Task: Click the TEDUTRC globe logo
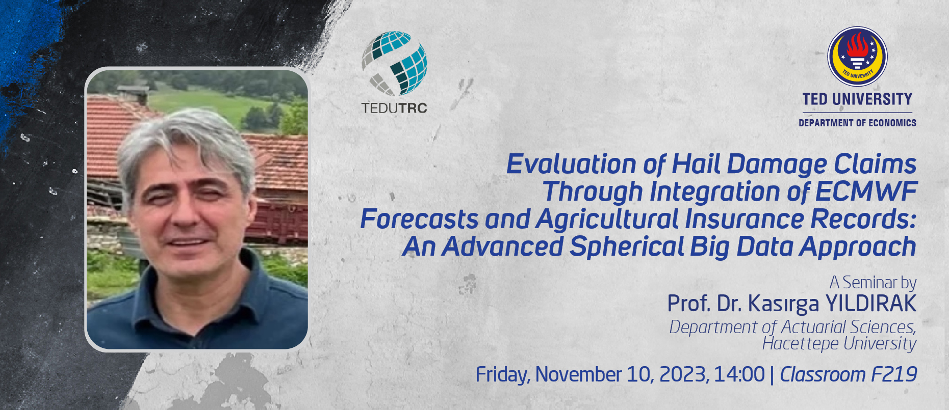[394, 64]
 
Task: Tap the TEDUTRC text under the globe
[394, 108]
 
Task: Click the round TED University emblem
[857, 57]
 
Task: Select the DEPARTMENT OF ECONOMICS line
[857, 123]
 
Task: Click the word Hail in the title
[697, 164]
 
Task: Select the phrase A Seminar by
[873, 282]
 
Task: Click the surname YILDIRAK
[871, 304]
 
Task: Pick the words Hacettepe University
[839, 343]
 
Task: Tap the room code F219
[894, 374]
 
